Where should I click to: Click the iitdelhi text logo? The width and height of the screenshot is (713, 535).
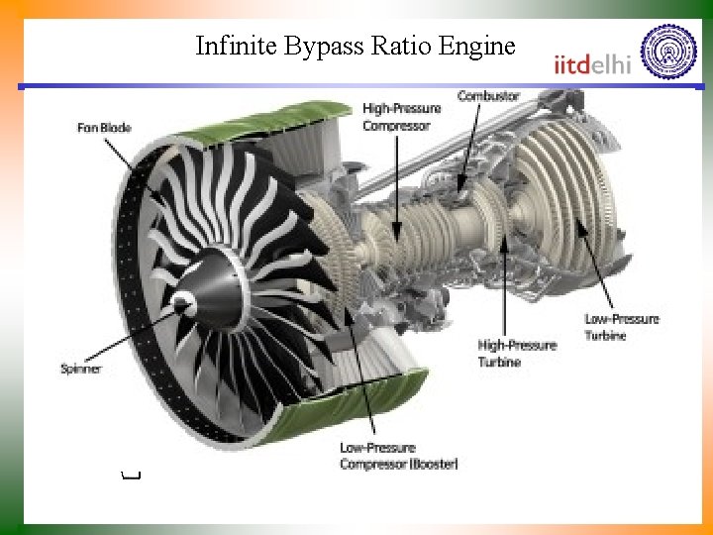point(593,63)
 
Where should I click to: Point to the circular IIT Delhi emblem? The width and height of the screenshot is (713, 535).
point(669,52)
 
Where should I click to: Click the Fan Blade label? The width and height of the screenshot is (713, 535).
point(104,128)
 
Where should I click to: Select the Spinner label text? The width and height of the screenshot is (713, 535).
point(81,370)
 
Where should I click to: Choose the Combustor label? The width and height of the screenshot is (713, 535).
point(488,95)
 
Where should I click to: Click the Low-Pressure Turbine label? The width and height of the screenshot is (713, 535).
point(621,327)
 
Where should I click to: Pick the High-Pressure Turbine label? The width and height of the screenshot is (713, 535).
point(517,353)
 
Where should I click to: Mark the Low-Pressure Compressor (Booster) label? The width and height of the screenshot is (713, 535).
point(398,456)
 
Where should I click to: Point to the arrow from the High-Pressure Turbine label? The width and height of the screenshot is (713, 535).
point(506,287)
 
